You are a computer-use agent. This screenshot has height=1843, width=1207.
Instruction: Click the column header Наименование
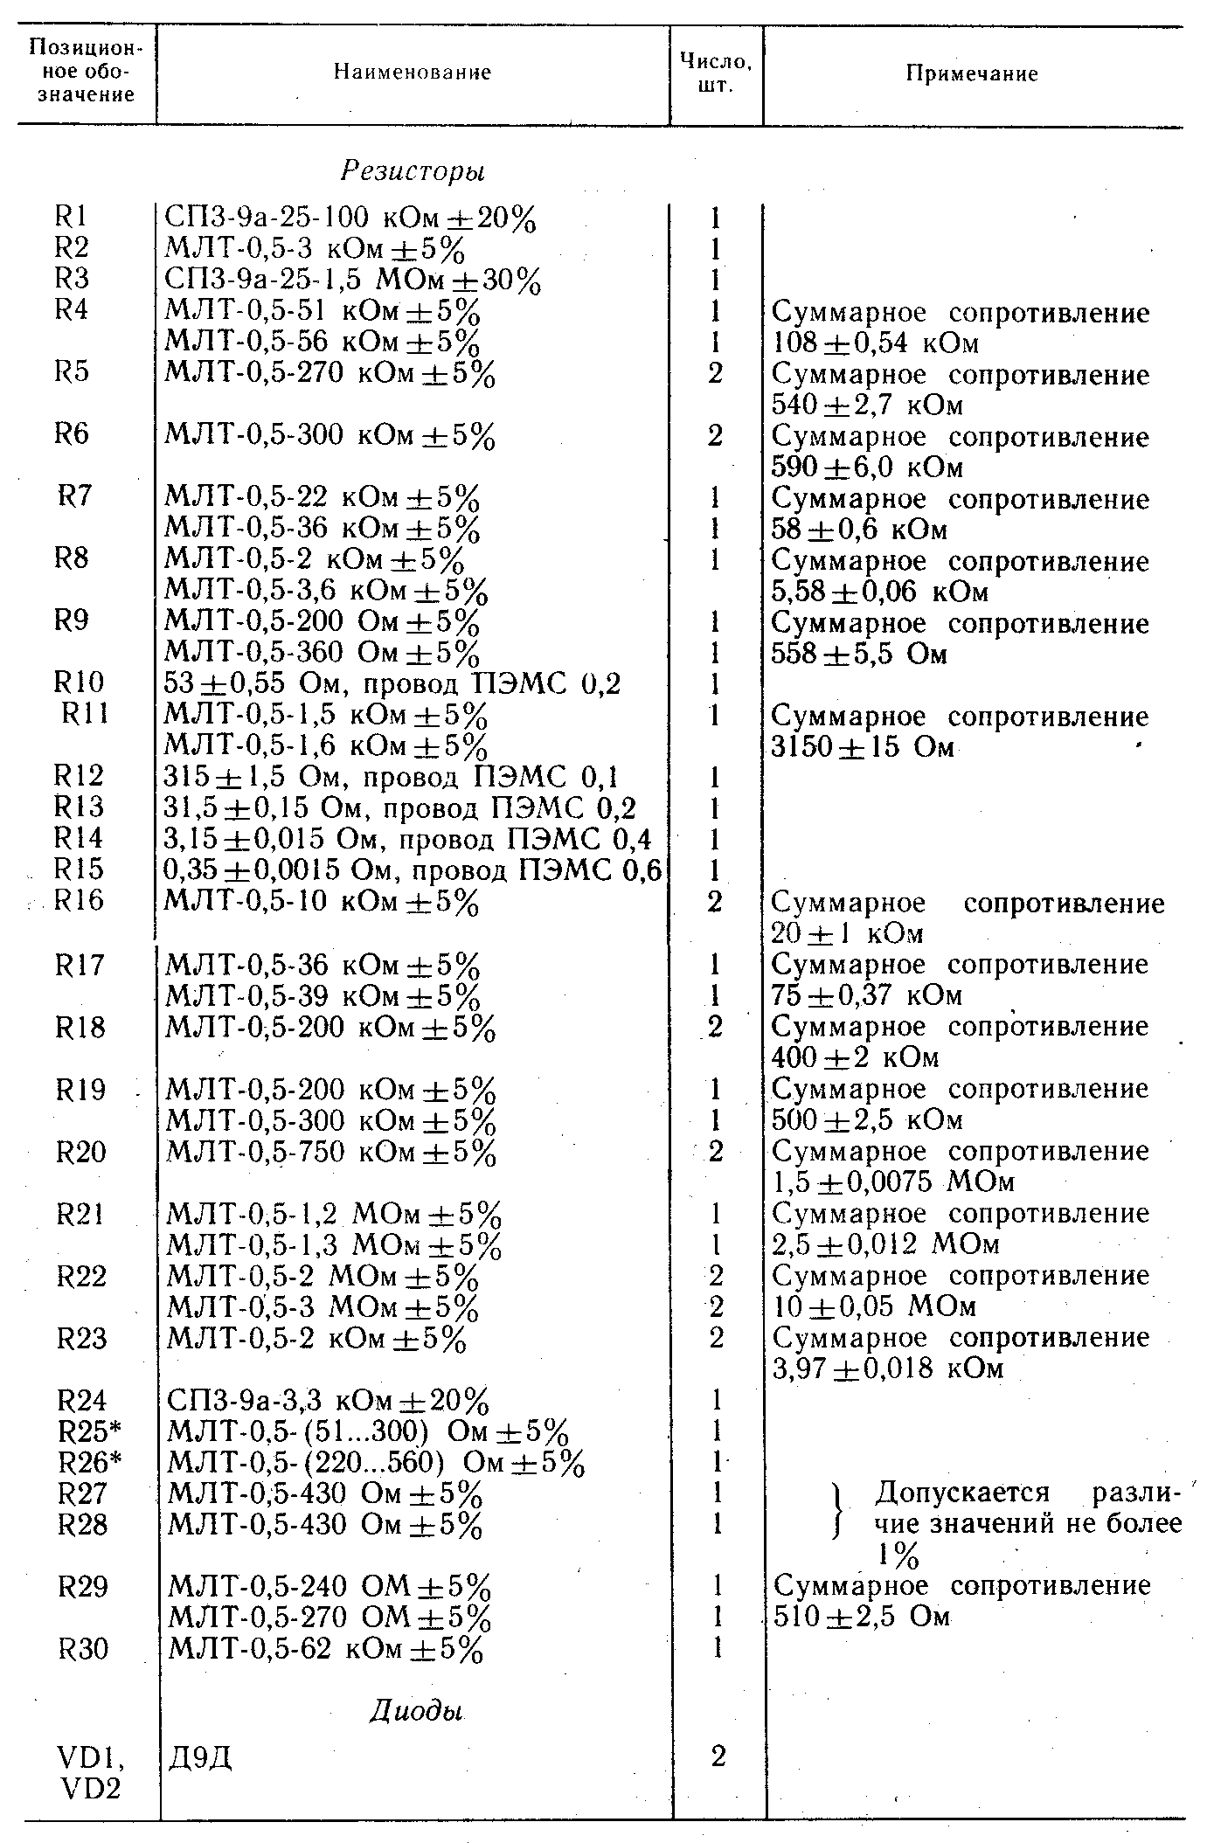(x=413, y=73)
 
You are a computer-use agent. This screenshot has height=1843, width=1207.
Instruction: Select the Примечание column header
(x=971, y=73)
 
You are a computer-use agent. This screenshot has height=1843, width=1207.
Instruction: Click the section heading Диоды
(x=413, y=1710)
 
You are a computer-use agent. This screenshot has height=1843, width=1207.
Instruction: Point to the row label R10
(x=78, y=682)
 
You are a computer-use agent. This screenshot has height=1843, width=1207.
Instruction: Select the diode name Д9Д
(x=200, y=1756)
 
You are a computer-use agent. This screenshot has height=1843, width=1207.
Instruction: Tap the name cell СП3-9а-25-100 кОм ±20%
(x=350, y=218)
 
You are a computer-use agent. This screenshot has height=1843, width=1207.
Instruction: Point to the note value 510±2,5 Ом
(x=862, y=1616)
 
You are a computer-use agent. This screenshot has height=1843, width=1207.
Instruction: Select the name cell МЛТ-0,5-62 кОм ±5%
(x=325, y=1649)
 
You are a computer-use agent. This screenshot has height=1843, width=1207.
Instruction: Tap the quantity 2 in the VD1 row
(x=718, y=1756)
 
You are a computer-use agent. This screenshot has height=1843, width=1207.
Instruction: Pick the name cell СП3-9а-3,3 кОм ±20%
(x=328, y=1401)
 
